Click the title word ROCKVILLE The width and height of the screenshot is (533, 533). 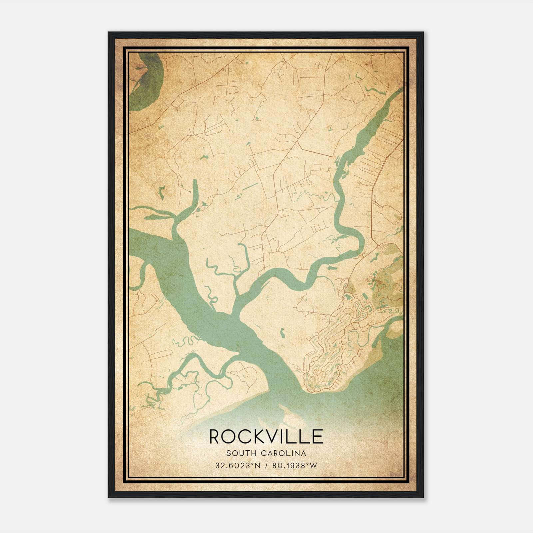[266, 436]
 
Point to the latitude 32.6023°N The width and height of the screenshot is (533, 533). [237, 465]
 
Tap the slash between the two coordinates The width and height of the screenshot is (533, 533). [266, 465]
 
